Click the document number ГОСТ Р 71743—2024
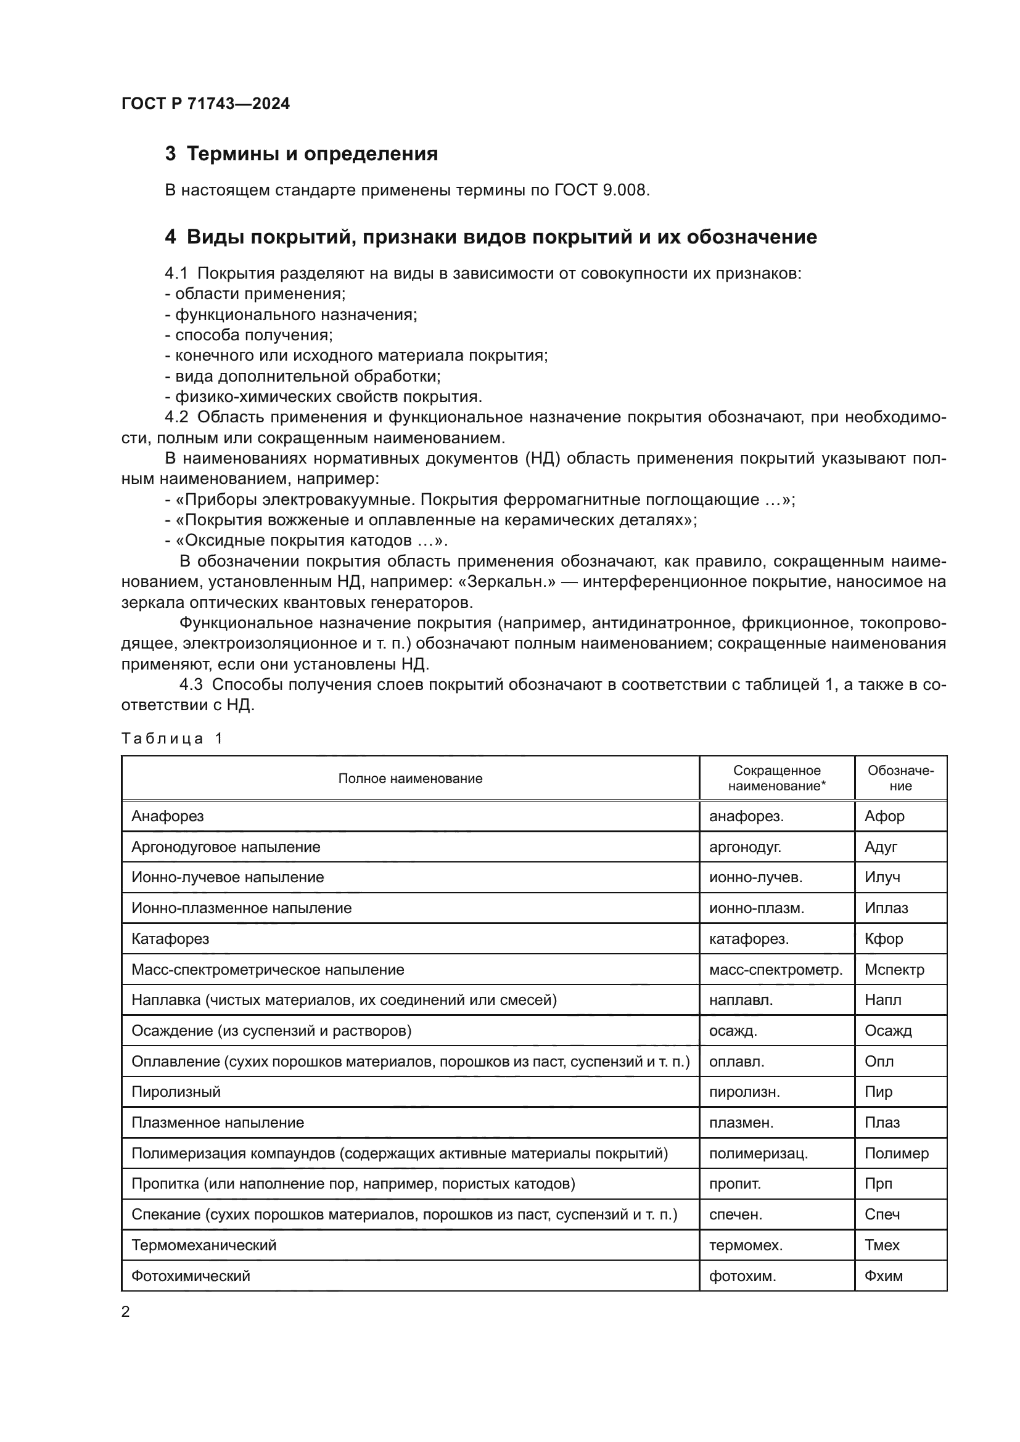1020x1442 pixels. point(205,104)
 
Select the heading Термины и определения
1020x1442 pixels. point(312,154)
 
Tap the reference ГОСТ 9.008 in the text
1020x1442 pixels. point(600,190)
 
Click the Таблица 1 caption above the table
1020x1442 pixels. point(171,739)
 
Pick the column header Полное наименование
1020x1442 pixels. point(410,779)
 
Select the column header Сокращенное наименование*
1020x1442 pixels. point(776,779)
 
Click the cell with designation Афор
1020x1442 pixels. point(884,816)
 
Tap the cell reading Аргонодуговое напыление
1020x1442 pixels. point(226,847)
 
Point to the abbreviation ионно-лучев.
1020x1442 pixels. point(755,877)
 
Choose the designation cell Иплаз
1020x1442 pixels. point(886,908)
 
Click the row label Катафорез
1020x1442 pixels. point(170,939)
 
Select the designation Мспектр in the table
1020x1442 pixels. point(894,970)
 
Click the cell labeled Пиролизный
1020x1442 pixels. point(176,1092)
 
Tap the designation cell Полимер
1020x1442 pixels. point(896,1153)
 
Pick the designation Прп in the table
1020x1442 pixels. point(878,1184)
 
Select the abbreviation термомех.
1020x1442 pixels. point(746,1245)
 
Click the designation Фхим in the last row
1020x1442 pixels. point(883,1276)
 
